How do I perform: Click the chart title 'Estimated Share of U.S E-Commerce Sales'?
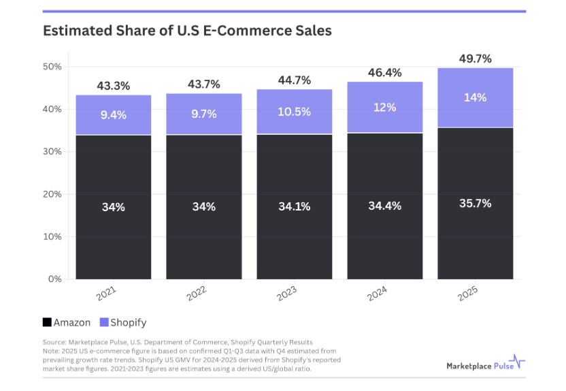[x=187, y=31]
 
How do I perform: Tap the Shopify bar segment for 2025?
[x=475, y=97]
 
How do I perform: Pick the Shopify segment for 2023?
[x=295, y=112]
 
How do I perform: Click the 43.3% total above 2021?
[x=114, y=87]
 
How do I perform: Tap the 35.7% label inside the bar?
[x=475, y=203]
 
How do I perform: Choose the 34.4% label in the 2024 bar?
[x=385, y=206]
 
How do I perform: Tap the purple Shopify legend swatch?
[x=104, y=322]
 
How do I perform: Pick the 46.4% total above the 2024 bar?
[x=385, y=72]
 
